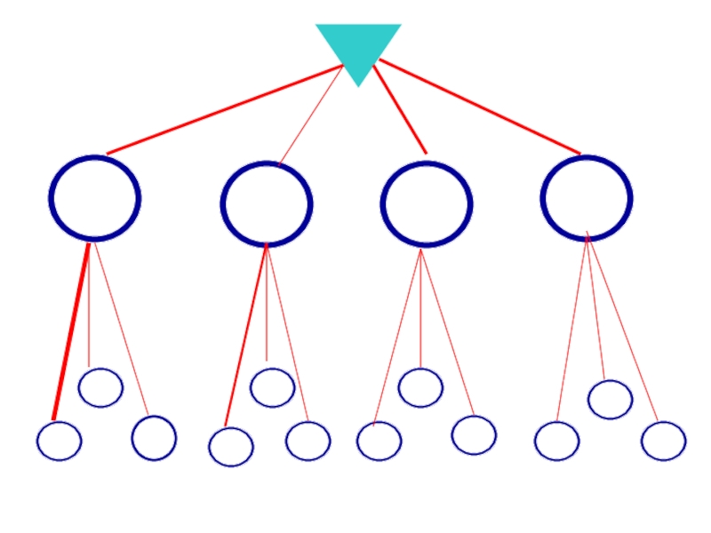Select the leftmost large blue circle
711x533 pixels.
point(94,198)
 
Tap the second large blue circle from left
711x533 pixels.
point(266,204)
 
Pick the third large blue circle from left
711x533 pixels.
point(426,204)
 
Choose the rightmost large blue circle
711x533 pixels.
point(587,199)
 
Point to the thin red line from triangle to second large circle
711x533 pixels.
point(311,115)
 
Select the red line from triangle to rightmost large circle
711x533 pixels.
point(480,107)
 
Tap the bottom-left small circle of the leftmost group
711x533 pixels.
point(60,442)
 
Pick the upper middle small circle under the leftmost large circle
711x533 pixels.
point(100,387)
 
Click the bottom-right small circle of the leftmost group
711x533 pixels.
point(154,438)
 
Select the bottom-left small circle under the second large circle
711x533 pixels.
point(231,447)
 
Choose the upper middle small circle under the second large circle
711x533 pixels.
point(272,387)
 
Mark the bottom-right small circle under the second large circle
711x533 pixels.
point(308,442)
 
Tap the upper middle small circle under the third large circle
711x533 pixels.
point(420,387)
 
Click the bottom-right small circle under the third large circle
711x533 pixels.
point(474,434)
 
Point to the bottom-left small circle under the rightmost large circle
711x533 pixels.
point(557,442)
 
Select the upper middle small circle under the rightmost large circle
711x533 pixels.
point(611,400)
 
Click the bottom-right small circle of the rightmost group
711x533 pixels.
point(664,442)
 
